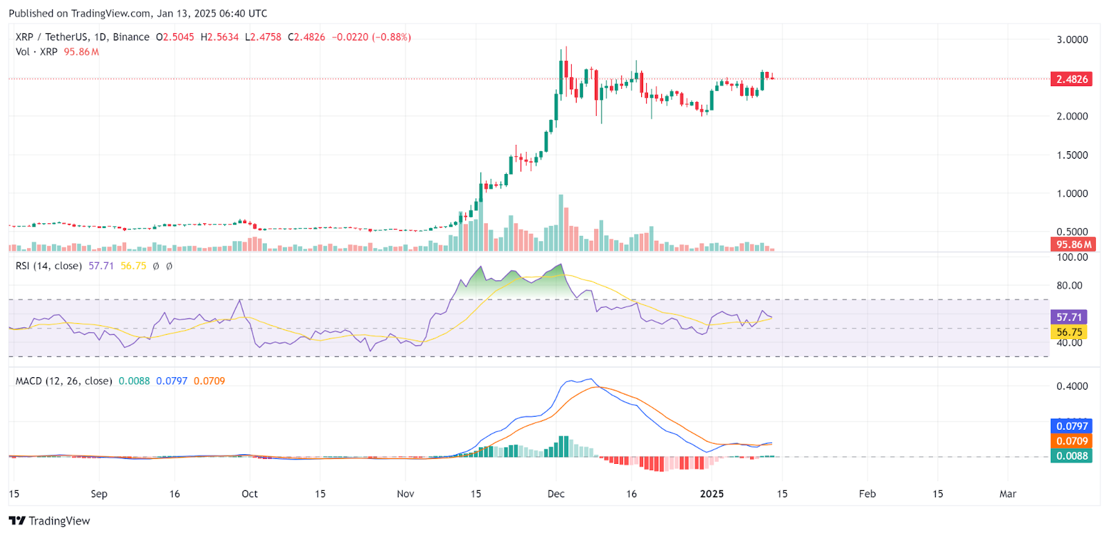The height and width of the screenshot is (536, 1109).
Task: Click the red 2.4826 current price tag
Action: (x=1072, y=79)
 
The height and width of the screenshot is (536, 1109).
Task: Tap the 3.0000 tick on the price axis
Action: (x=1072, y=40)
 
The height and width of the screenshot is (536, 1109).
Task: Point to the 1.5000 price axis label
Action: (x=1072, y=155)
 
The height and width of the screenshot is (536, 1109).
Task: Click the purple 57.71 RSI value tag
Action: (x=1069, y=317)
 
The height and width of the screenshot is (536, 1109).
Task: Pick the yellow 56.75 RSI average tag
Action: (x=1069, y=332)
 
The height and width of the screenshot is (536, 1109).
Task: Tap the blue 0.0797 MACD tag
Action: (x=1072, y=426)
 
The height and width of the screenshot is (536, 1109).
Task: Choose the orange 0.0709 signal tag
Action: (x=1072, y=441)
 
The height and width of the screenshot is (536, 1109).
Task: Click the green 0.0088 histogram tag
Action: (x=1072, y=456)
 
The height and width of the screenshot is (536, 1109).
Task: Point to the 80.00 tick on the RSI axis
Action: (x=1069, y=285)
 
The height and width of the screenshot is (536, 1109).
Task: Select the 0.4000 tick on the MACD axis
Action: (x=1072, y=386)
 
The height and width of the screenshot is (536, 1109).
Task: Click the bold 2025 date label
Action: (x=712, y=494)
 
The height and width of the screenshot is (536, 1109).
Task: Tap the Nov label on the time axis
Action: (x=405, y=494)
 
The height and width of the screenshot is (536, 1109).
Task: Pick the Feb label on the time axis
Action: (x=867, y=494)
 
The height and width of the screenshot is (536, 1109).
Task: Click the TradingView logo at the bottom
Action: (x=49, y=521)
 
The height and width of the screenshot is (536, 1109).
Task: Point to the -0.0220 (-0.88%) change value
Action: (x=371, y=37)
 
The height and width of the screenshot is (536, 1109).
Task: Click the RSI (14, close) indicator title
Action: (x=49, y=266)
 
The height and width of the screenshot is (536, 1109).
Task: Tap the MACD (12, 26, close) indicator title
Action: (x=64, y=381)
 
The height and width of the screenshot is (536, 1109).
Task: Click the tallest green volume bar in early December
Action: (x=561, y=223)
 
